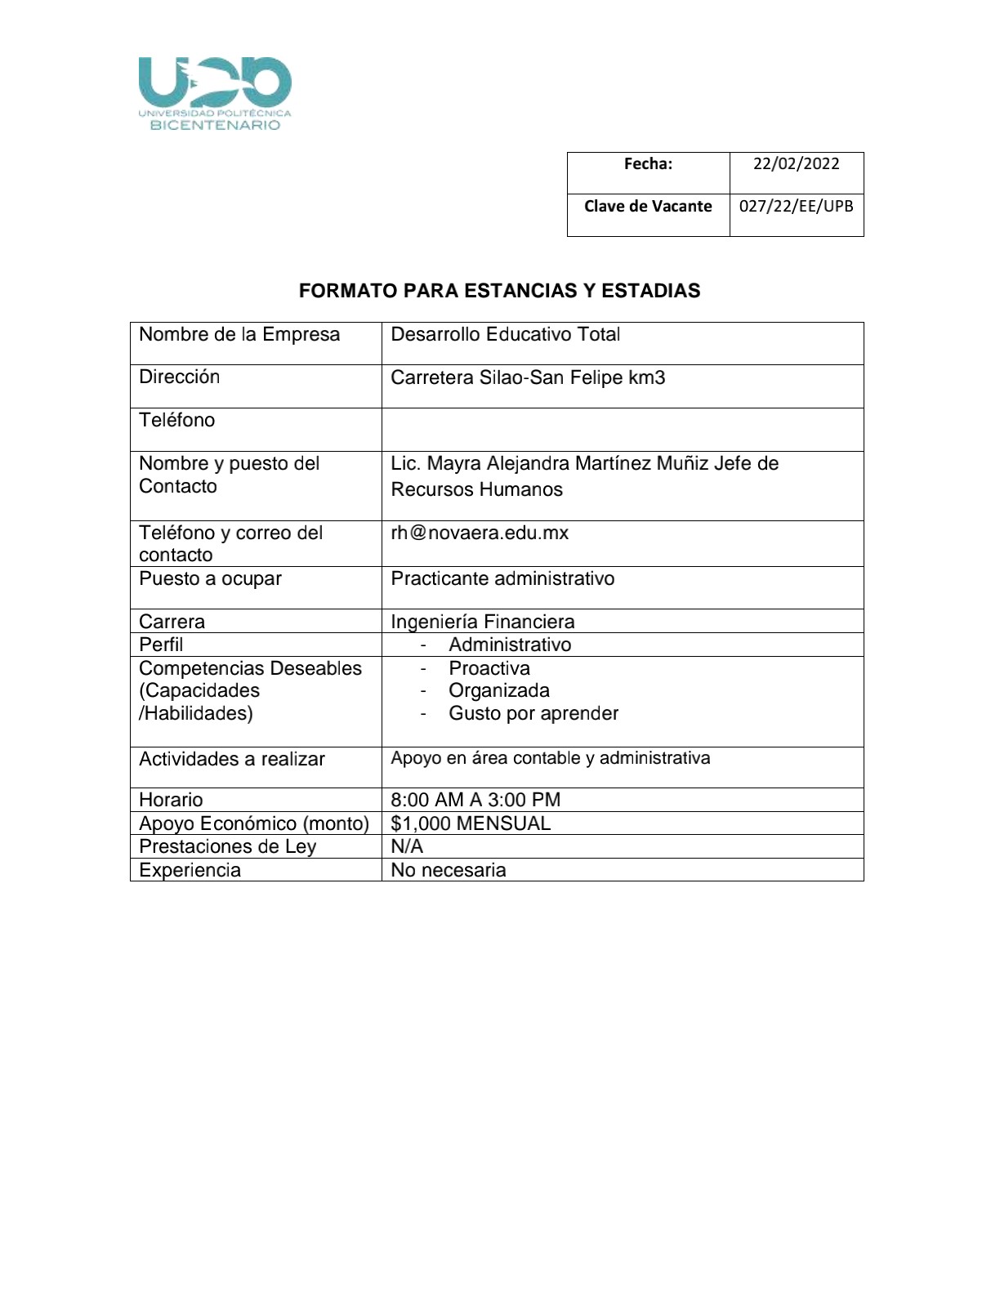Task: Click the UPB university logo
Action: pyautogui.click(x=215, y=93)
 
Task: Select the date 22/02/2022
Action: pyautogui.click(x=796, y=164)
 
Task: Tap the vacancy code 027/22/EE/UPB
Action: pyautogui.click(x=796, y=207)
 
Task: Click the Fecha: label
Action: pyautogui.click(x=648, y=164)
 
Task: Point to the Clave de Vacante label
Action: pyautogui.click(x=648, y=207)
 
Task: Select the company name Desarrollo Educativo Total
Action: pyautogui.click(x=505, y=335)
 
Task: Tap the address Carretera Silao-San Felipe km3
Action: pyautogui.click(x=528, y=378)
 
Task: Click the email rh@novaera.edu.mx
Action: pyautogui.click(x=480, y=533)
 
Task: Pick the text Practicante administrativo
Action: pyautogui.click(x=502, y=579)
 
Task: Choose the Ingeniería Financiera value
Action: pyautogui.click(x=482, y=622)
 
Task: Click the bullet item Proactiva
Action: pyautogui.click(x=489, y=669)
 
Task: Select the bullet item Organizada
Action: pyautogui.click(x=499, y=691)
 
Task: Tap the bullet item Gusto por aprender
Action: pyautogui.click(x=533, y=714)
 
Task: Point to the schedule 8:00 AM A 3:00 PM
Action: pyautogui.click(x=475, y=801)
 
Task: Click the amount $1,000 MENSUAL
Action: pyautogui.click(x=471, y=823)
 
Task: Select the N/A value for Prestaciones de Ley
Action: pyautogui.click(x=407, y=847)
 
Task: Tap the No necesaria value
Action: pyautogui.click(x=449, y=871)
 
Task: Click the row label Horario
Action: pyautogui.click(x=171, y=801)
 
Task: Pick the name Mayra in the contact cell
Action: pyautogui.click(x=453, y=464)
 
